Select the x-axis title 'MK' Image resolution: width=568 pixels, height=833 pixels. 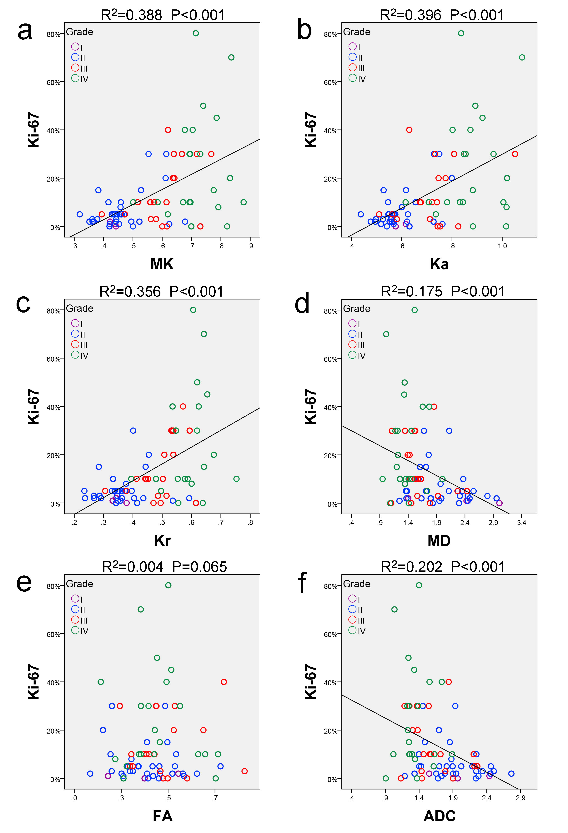pos(162,264)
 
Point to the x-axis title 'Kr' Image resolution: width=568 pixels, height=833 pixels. pos(162,540)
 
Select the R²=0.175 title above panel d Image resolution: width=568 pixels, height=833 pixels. pos(443,291)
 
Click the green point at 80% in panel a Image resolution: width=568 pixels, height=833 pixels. pos(196,33)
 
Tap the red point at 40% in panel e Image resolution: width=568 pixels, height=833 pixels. pos(224,682)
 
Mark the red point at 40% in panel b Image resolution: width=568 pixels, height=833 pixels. pos(409,130)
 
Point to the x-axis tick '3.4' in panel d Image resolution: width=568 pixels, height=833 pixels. pos(521,523)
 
